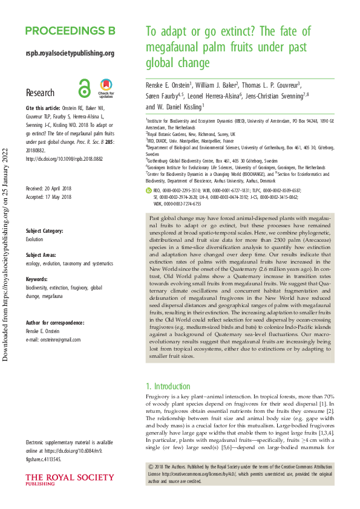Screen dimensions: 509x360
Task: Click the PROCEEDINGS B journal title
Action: point(70,31)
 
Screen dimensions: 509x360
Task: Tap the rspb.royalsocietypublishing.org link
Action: point(70,53)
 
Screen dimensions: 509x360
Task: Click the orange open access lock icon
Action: point(85,89)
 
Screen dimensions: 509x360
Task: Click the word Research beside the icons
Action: point(40,93)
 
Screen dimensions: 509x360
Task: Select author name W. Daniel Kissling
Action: point(174,107)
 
